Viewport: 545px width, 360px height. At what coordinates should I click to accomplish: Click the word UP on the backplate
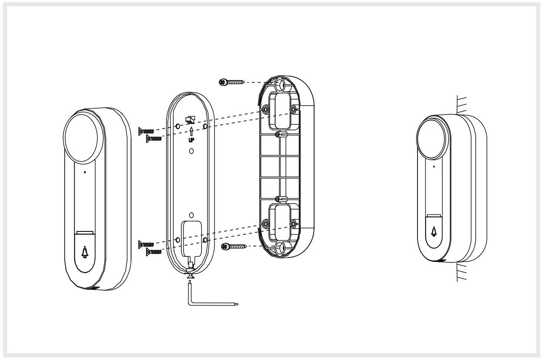click(191, 140)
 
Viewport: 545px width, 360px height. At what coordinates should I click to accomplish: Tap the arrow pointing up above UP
click(191, 131)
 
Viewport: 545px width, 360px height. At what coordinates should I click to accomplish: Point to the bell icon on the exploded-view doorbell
click(85, 253)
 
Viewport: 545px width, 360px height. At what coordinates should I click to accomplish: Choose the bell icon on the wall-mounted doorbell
click(434, 232)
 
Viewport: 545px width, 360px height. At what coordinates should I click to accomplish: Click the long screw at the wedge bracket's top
click(231, 82)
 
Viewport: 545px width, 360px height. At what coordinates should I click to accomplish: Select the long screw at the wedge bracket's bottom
click(234, 245)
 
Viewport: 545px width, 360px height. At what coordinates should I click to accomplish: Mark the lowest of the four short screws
click(154, 253)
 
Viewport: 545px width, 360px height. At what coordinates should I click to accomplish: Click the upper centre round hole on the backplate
click(191, 151)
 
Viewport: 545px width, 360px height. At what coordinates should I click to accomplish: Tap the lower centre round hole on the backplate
click(191, 215)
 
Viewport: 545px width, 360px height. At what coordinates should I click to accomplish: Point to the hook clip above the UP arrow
click(191, 120)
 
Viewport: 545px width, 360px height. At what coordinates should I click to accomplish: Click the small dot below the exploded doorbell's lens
click(85, 171)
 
